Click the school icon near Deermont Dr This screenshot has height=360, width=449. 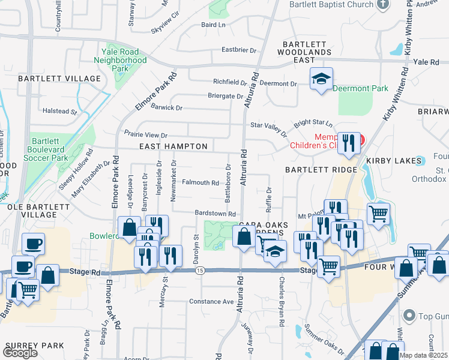point(321,79)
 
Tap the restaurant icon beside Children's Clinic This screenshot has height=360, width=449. point(349,143)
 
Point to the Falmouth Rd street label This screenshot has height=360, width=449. point(200,182)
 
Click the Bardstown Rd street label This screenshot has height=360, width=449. point(214,214)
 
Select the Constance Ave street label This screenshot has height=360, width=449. point(211,301)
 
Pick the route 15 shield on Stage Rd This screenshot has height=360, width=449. point(199,271)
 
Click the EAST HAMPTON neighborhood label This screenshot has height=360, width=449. point(173,146)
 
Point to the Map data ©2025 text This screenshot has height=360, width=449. point(424,355)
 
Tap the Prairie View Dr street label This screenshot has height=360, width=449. point(146,135)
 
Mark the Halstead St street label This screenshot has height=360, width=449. point(59,111)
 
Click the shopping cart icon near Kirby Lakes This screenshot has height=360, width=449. point(378,213)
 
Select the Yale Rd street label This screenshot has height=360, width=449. point(427,62)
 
